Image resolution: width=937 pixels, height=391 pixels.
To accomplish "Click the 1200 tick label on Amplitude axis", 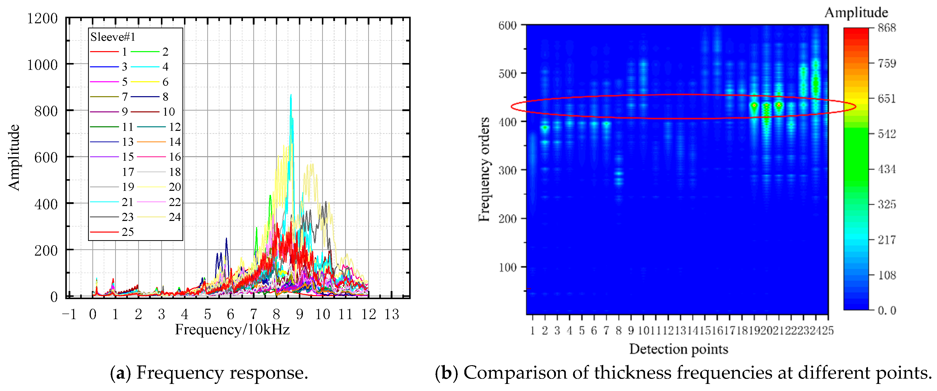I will click(x=42, y=18).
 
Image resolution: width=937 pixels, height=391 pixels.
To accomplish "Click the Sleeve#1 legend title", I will click(x=113, y=37).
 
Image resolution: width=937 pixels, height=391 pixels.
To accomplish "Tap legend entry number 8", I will click(x=165, y=97).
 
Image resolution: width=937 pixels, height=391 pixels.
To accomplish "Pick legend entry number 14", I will click(x=175, y=141).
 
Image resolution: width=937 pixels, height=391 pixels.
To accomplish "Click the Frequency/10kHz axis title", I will click(x=232, y=330).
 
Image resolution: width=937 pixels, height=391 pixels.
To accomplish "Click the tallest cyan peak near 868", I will click(x=291, y=96).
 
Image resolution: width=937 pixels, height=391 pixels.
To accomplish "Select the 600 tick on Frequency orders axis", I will click(x=507, y=26).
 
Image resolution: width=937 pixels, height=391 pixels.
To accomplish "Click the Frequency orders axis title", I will click(x=484, y=169).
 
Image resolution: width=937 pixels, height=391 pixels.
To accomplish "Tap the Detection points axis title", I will click(x=678, y=349).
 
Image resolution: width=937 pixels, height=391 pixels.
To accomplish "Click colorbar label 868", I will click(x=887, y=28).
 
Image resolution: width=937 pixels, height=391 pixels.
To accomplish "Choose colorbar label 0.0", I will click(x=887, y=310).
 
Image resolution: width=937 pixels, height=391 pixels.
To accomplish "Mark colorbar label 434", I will click(x=887, y=169).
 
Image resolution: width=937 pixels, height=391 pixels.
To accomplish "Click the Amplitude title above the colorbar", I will click(x=856, y=12).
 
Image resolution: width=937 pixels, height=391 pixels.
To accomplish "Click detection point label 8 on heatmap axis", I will click(x=618, y=331).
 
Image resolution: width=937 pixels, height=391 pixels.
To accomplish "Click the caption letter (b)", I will click(x=447, y=373).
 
